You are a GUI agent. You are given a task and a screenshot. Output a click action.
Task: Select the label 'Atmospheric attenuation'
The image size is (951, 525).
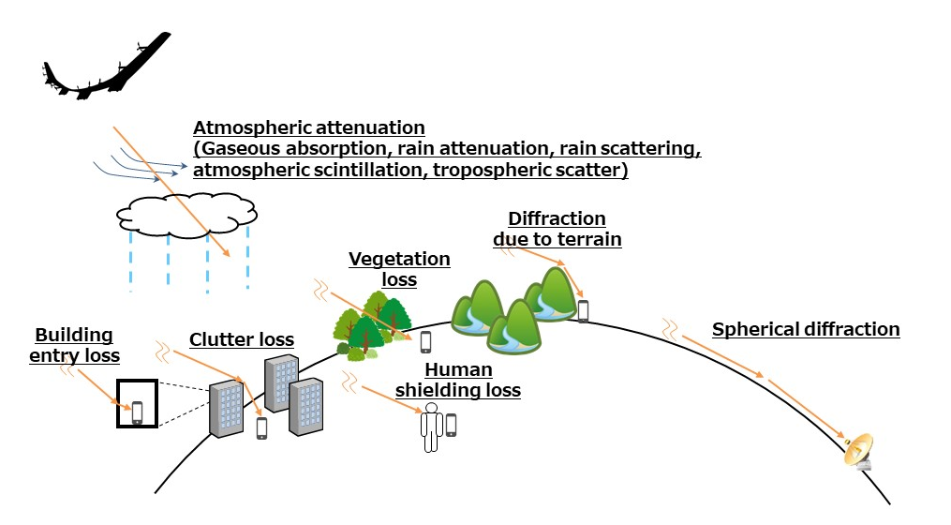309,127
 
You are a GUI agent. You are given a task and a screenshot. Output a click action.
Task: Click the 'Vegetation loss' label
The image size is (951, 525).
399,268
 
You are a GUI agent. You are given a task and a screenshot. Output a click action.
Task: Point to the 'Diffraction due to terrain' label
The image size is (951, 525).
557,229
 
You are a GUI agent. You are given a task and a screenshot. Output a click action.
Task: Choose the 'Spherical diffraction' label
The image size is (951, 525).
805,330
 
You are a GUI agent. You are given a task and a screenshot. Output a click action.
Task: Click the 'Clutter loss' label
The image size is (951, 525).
242,339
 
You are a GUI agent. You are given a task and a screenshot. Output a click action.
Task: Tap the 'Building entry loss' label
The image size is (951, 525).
74,345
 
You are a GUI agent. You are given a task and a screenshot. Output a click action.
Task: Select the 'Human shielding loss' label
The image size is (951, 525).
457,381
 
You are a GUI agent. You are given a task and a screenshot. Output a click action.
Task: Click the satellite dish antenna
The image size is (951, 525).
859,451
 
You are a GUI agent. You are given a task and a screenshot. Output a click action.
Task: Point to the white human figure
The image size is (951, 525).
431,427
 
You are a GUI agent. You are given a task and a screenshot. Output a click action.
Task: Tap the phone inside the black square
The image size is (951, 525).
137,412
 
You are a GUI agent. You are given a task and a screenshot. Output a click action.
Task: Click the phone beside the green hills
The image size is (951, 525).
583,310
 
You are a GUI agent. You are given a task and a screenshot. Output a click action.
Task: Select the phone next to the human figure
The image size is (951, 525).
451,424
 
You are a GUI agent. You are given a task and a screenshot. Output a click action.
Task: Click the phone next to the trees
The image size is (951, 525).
425,341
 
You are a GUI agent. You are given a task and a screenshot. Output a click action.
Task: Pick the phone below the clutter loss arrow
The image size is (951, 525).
261,427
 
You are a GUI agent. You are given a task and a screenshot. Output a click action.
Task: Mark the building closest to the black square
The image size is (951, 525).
226,409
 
